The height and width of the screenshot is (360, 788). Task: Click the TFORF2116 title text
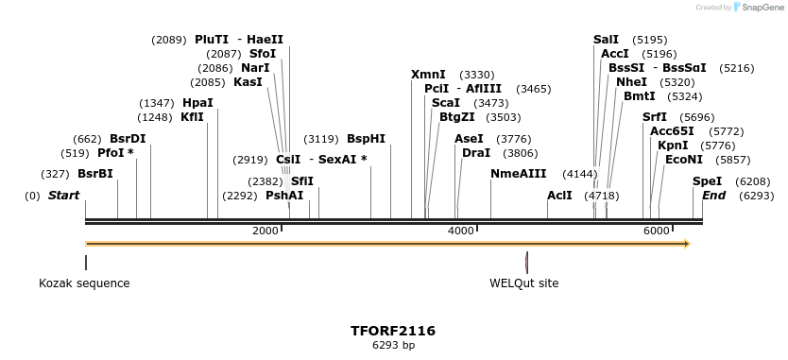coord(393,331)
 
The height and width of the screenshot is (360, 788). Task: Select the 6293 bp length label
coord(393,346)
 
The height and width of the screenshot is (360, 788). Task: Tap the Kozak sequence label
coord(84,283)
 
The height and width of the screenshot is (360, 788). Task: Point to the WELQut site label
coord(523,283)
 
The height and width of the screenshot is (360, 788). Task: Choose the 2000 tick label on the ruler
coord(266,231)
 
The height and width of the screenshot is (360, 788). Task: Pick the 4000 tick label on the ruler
coord(460,231)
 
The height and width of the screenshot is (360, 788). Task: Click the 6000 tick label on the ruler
coord(656,231)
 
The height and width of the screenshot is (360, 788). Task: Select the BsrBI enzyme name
coord(94,174)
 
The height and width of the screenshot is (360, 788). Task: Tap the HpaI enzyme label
coord(197,103)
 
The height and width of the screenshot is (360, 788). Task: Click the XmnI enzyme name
coord(428,75)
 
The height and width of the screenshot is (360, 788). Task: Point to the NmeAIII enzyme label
coord(518,174)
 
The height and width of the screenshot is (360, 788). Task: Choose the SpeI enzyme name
coord(707,181)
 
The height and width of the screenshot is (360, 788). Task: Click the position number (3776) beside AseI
coord(514,139)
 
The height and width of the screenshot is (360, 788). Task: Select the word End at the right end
coord(713,196)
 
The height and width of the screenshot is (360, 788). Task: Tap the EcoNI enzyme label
coord(684,160)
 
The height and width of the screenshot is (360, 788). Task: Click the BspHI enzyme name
coord(366,139)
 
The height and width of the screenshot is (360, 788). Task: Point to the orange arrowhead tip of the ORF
coord(689,244)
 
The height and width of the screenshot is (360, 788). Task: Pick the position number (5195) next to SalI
coord(649,40)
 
